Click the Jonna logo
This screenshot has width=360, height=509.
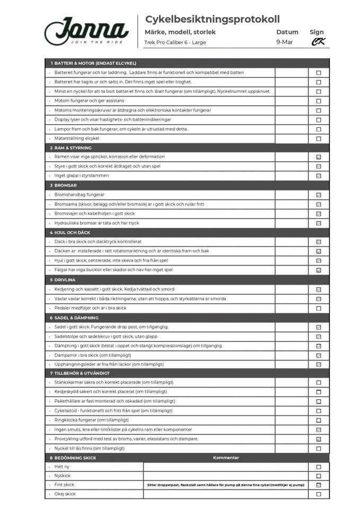tap(86, 31)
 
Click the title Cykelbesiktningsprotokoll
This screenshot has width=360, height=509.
tap(212, 20)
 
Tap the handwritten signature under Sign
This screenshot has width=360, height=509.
tap(318, 42)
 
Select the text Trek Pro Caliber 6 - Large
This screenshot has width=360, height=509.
tap(175, 42)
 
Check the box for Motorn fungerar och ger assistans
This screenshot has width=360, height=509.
tap(319, 101)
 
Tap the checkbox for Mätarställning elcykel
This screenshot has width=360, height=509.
tap(319, 138)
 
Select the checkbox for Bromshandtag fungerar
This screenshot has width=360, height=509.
tap(319, 195)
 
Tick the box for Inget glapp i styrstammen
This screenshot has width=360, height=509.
tap(319, 176)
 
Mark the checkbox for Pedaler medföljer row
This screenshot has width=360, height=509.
tap(319, 308)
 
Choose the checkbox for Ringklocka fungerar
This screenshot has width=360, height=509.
tap(319, 420)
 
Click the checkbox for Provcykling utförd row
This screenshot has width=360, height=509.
tap(319, 439)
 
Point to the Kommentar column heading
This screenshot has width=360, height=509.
tap(226, 458)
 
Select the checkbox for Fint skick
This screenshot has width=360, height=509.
tap(319, 485)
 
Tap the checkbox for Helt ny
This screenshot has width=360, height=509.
tap(319, 467)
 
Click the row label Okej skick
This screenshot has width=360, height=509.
tap(65, 494)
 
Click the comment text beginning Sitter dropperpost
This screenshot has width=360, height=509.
tap(226, 485)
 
